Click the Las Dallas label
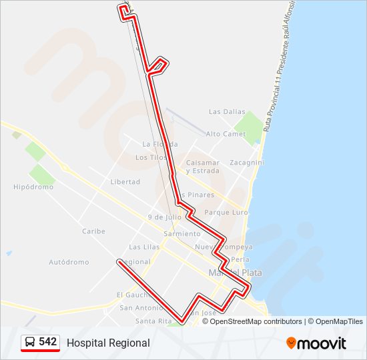(223, 112)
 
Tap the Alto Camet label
(226, 134)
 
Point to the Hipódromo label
(33, 187)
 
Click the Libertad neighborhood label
(125, 182)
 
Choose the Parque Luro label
(226, 213)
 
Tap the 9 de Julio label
(164, 217)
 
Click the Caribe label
(93, 231)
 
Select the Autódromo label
(69, 262)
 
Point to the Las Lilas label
(144, 247)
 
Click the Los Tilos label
(150, 158)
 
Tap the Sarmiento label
(181, 234)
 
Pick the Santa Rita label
(150, 321)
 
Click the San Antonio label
(139, 308)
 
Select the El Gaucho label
(131, 295)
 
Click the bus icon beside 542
(30, 342)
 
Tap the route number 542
(47, 342)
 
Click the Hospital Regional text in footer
(108, 343)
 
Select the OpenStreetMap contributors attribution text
(256, 321)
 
